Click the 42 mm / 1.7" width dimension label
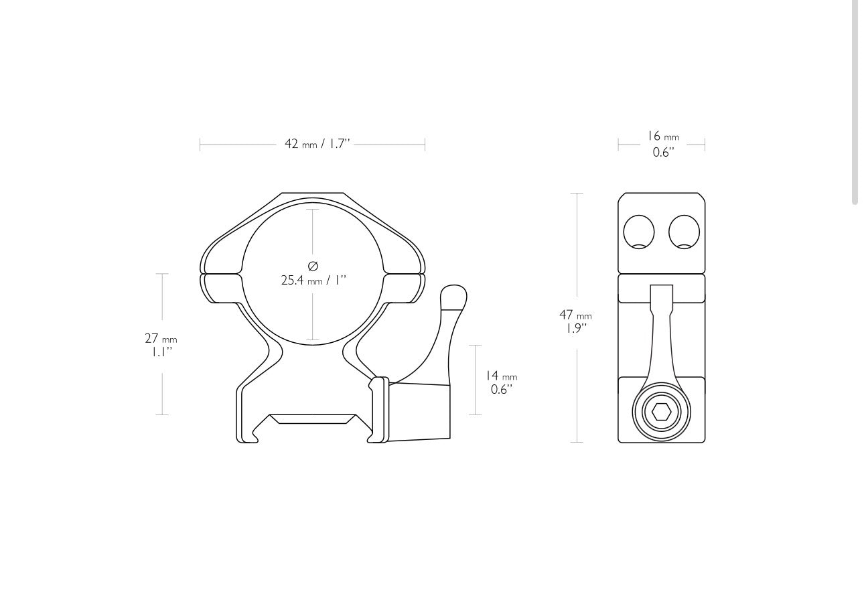pos(317,144)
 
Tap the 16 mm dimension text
pos(662,137)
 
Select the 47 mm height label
pos(575,315)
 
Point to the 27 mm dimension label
pos(161,339)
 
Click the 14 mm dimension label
pos(501,376)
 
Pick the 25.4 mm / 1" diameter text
pos(313,281)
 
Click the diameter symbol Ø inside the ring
pos(313,267)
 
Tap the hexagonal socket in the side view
pos(661,412)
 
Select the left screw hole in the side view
pos(639,232)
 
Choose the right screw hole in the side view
pos(684,232)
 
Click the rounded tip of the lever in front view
pos(453,296)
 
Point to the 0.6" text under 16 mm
pos(663,153)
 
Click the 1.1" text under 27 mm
pos(161,352)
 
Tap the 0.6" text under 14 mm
pos(501,390)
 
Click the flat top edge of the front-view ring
pos(313,194)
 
